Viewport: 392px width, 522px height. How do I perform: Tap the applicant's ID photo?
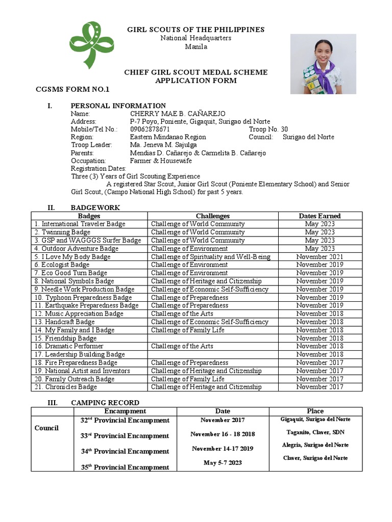point(323,64)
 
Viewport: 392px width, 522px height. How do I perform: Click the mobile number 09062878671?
point(150,129)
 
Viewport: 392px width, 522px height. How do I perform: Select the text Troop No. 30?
point(268,129)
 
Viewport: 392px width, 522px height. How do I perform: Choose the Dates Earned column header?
point(320,216)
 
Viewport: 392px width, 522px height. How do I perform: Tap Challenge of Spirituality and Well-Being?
point(210,256)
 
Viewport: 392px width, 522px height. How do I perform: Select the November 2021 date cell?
point(320,256)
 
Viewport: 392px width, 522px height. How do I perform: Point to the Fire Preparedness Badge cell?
point(76,362)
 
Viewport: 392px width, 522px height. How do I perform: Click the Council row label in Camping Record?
point(46,428)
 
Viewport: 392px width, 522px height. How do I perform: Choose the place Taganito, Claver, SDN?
point(315,431)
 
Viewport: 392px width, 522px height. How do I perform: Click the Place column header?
point(315,411)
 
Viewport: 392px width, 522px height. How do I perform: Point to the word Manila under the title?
point(196,46)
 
